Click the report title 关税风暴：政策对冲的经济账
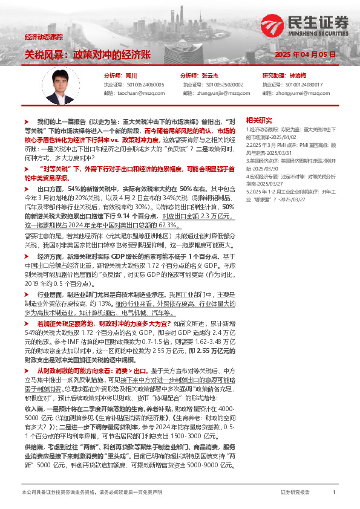(x=87, y=54)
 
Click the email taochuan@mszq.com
(x=137, y=93)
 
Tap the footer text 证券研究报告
(x=295, y=493)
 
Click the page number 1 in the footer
(x=334, y=493)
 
